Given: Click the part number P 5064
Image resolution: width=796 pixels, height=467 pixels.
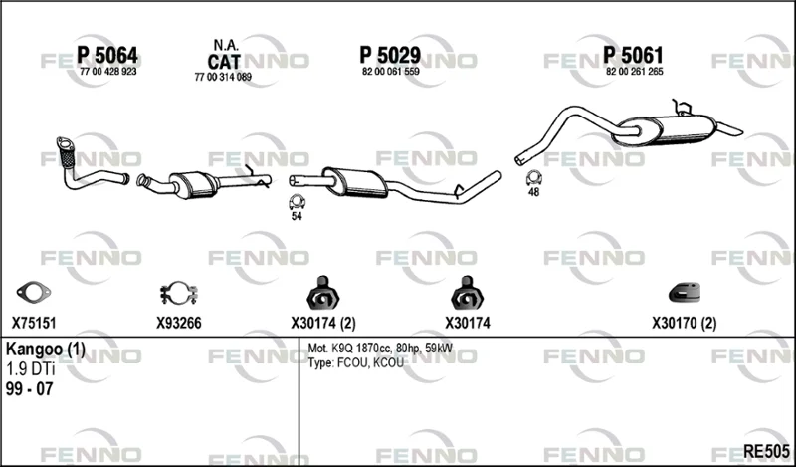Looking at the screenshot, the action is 107,55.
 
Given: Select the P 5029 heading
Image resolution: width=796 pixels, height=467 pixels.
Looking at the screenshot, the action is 390,55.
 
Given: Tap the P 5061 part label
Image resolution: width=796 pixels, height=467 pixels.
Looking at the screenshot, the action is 633,55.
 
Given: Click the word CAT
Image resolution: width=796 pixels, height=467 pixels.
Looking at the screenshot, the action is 223,62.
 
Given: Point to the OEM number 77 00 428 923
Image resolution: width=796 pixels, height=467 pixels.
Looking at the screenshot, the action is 108,72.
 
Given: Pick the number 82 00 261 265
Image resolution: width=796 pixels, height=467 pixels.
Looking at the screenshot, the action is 635,72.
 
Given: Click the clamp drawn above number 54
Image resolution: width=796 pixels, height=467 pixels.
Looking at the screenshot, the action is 297,202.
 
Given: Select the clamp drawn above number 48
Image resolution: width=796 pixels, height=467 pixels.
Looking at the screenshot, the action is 533,178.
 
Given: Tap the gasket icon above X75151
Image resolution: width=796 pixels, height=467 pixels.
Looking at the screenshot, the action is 34,291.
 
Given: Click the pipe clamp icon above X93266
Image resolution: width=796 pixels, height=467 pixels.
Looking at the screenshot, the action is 179,293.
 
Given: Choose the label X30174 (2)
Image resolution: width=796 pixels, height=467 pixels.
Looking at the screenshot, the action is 323,324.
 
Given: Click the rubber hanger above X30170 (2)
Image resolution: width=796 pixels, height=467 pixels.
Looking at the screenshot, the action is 685,293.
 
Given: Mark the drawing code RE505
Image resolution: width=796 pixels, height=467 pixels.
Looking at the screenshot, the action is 766,451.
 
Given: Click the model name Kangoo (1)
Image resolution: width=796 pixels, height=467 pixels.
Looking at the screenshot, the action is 46,350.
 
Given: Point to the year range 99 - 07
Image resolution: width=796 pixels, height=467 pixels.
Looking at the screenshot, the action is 30,389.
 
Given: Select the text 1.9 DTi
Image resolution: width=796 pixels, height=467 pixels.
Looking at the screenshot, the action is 31,369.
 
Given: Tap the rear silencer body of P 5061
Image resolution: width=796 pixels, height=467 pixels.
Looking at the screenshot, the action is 665,130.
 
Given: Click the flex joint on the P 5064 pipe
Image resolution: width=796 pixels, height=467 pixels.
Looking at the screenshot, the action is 67,156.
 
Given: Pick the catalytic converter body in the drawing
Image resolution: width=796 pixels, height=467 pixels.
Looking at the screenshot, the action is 193,184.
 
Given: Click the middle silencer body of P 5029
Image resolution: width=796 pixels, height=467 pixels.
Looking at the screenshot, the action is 355,182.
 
